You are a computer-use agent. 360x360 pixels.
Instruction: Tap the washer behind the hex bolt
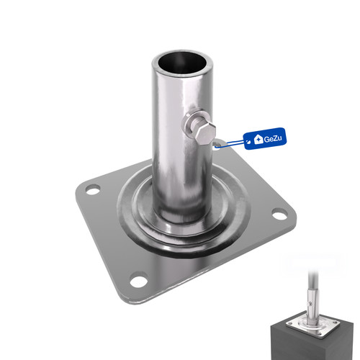190,125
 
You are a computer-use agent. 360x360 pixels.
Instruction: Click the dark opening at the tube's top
183,63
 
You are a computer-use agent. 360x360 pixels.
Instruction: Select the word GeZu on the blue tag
272,139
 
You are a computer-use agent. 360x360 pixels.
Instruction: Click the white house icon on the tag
258,139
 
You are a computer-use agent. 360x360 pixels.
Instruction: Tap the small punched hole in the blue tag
249,142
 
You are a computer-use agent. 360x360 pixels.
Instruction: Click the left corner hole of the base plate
93,189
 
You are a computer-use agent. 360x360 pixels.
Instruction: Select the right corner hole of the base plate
279,214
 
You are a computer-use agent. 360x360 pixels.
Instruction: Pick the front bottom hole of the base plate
139,279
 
